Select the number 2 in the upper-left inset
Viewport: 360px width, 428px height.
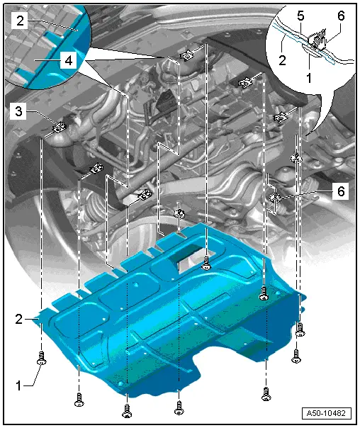[x=22, y=22]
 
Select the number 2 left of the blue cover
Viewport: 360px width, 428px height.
[x=19, y=319]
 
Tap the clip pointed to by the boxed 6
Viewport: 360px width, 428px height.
[x=276, y=196]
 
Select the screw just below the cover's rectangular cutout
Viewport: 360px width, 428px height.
[x=206, y=263]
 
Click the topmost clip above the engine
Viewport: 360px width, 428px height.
[x=189, y=56]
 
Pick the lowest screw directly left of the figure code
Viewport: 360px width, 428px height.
[x=266, y=392]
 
